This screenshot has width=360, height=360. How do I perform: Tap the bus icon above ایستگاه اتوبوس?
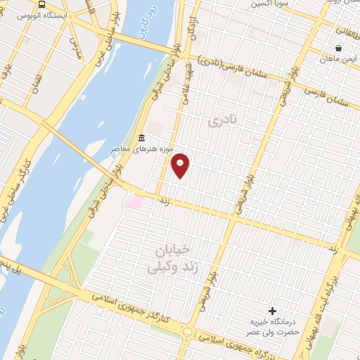pos(43,4)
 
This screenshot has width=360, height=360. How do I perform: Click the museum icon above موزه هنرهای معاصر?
pos(142,137)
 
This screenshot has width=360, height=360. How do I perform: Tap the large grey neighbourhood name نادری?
pos(224,121)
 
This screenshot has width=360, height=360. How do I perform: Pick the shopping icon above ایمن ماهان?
pos(339,49)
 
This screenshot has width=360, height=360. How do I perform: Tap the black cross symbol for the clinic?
pos(273,311)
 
